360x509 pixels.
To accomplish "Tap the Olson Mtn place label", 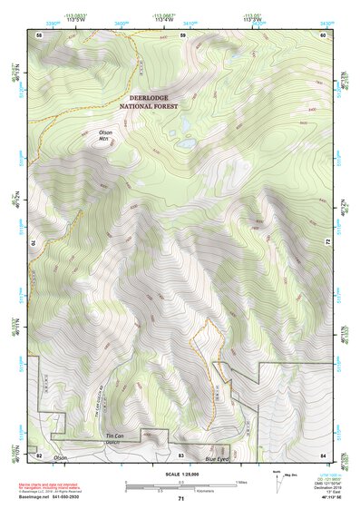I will (105, 135).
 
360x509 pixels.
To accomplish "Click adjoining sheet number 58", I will (39, 34).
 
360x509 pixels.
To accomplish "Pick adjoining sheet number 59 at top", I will (182, 34).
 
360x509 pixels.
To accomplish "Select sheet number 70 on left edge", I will (37, 243).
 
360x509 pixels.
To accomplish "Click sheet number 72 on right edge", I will (327, 243).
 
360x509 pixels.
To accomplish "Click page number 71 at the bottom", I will (180, 500).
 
